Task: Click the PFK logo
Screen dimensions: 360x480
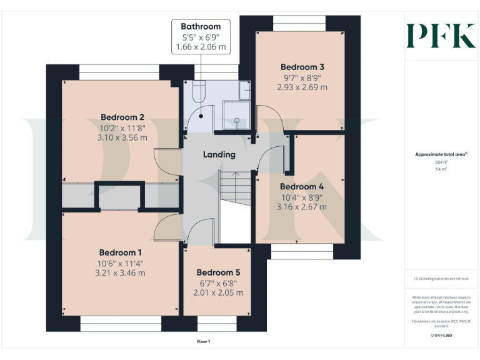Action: click(x=441, y=36)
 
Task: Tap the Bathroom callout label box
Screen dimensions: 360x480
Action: click(x=201, y=37)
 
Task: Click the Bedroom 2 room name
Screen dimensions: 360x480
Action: click(x=122, y=117)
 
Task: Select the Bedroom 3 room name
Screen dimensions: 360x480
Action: click(x=302, y=67)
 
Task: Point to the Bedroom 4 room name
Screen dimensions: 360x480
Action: click(x=302, y=186)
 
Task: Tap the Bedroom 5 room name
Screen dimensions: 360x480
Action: click(x=218, y=272)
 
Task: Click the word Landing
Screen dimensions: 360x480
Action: click(x=219, y=154)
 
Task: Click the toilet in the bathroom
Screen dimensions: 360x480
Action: click(x=199, y=92)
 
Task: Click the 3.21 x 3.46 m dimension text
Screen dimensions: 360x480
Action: click(x=120, y=272)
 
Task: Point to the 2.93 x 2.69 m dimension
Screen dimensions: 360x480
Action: click(x=302, y=87)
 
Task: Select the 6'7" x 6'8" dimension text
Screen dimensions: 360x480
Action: click(x=218, y=283)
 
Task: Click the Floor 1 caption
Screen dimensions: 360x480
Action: click(x=203, y=342)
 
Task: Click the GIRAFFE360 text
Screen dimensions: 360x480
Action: click(x=441, y=336)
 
